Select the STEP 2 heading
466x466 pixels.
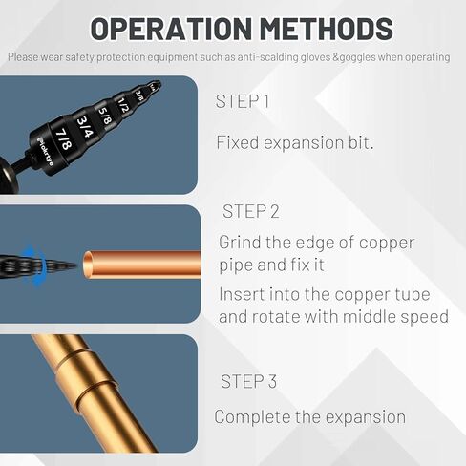250,210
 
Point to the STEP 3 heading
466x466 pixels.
248,382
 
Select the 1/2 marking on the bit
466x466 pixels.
124,102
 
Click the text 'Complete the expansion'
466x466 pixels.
309,417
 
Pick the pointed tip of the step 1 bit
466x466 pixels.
158,84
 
